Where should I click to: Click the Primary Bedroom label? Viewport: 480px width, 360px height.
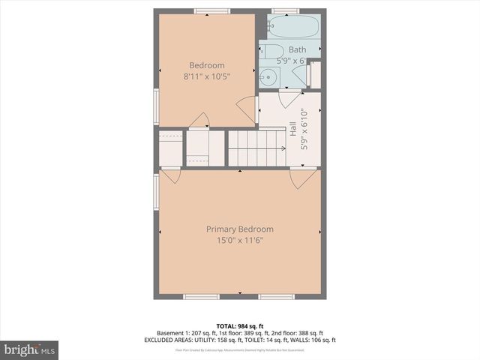point(240,229)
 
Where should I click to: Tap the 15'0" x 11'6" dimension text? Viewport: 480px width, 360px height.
point(240,240)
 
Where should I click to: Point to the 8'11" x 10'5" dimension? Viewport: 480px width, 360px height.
point(206,76)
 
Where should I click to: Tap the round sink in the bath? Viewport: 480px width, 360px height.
point(268,76)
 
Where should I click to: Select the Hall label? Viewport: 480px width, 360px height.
point(292,129)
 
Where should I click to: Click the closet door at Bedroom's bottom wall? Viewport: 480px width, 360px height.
point(199,120)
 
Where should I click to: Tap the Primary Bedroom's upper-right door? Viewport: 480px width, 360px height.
point(302,178)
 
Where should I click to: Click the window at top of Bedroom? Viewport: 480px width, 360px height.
point(211,10)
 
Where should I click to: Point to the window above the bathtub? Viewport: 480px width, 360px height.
point(285,10)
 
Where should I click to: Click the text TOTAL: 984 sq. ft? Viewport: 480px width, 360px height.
point(239,325)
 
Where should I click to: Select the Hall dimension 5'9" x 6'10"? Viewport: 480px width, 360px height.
point(304,129)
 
